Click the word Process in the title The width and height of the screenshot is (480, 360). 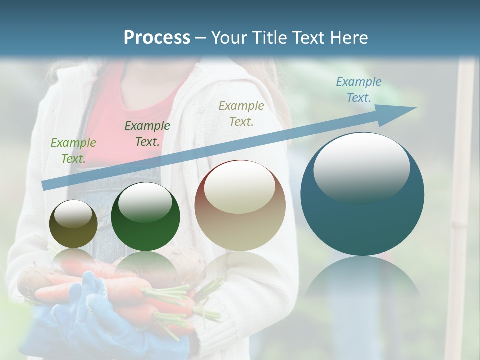tap(157, 38)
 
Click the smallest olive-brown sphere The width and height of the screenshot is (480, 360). tap(73, 224)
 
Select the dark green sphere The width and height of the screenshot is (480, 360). tap(145, 217)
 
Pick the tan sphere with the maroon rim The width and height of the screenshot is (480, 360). tap(240, 205)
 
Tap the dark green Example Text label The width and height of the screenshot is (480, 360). tap(147, 134)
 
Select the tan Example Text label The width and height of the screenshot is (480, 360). tap(241, 113)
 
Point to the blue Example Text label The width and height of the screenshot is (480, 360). tap(358, 90)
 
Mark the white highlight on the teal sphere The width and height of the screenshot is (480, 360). tap(361, 167)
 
